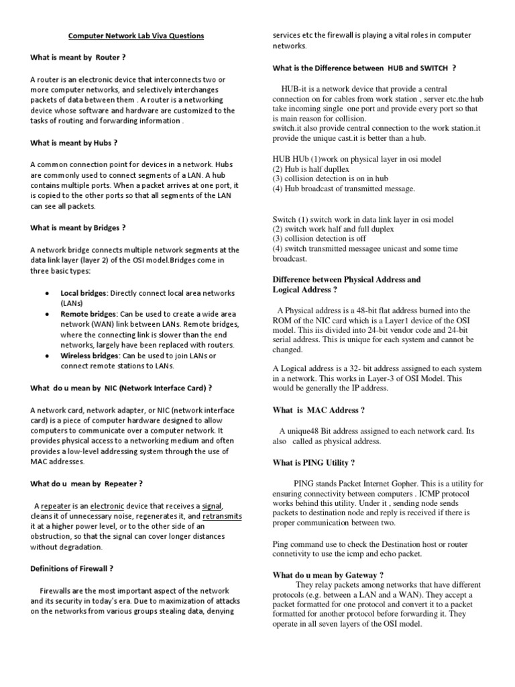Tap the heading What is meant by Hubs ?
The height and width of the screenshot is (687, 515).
coord(74,142)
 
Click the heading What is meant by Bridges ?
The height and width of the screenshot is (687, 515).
coord(78,227)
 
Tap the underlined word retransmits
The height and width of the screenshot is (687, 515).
coord(222,517)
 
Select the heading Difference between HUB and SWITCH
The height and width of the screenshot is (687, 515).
coord(364,67)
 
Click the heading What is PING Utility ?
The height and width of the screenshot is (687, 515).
coord(313,462)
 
